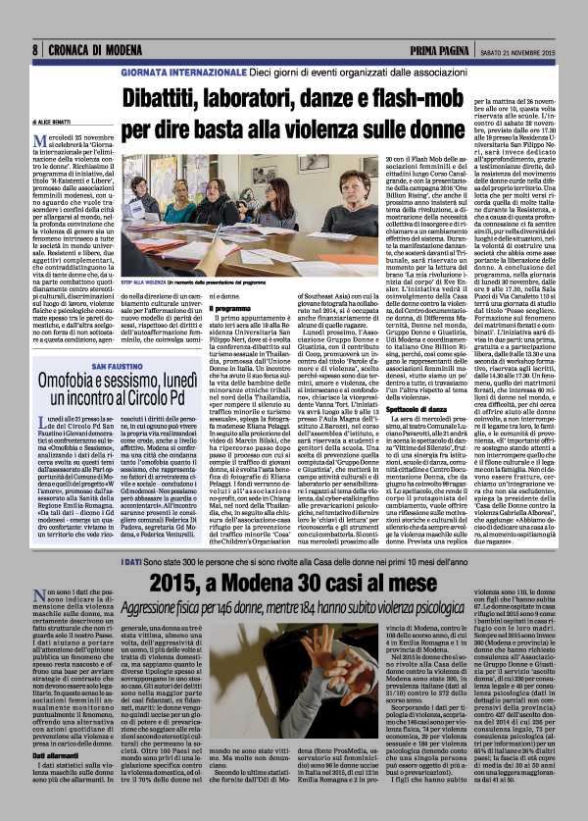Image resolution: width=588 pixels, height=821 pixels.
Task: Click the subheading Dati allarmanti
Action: coord(61,751)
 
